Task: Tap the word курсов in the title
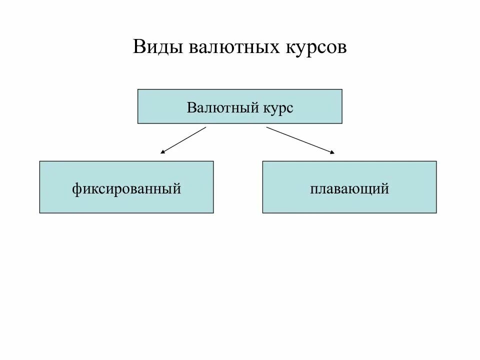point(315,47)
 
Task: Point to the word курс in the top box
point(276,107)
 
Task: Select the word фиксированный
point(126,189)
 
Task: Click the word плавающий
point(349,189)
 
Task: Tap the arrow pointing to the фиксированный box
point(183,140)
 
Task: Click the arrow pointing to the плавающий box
point(300,140)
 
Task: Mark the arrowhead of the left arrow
point(162,152)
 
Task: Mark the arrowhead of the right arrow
point(332,152)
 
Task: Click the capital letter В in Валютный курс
point(191,107)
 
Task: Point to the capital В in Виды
point(139,47)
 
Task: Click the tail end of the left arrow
point(205,127)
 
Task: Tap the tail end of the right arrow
point(267,127)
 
